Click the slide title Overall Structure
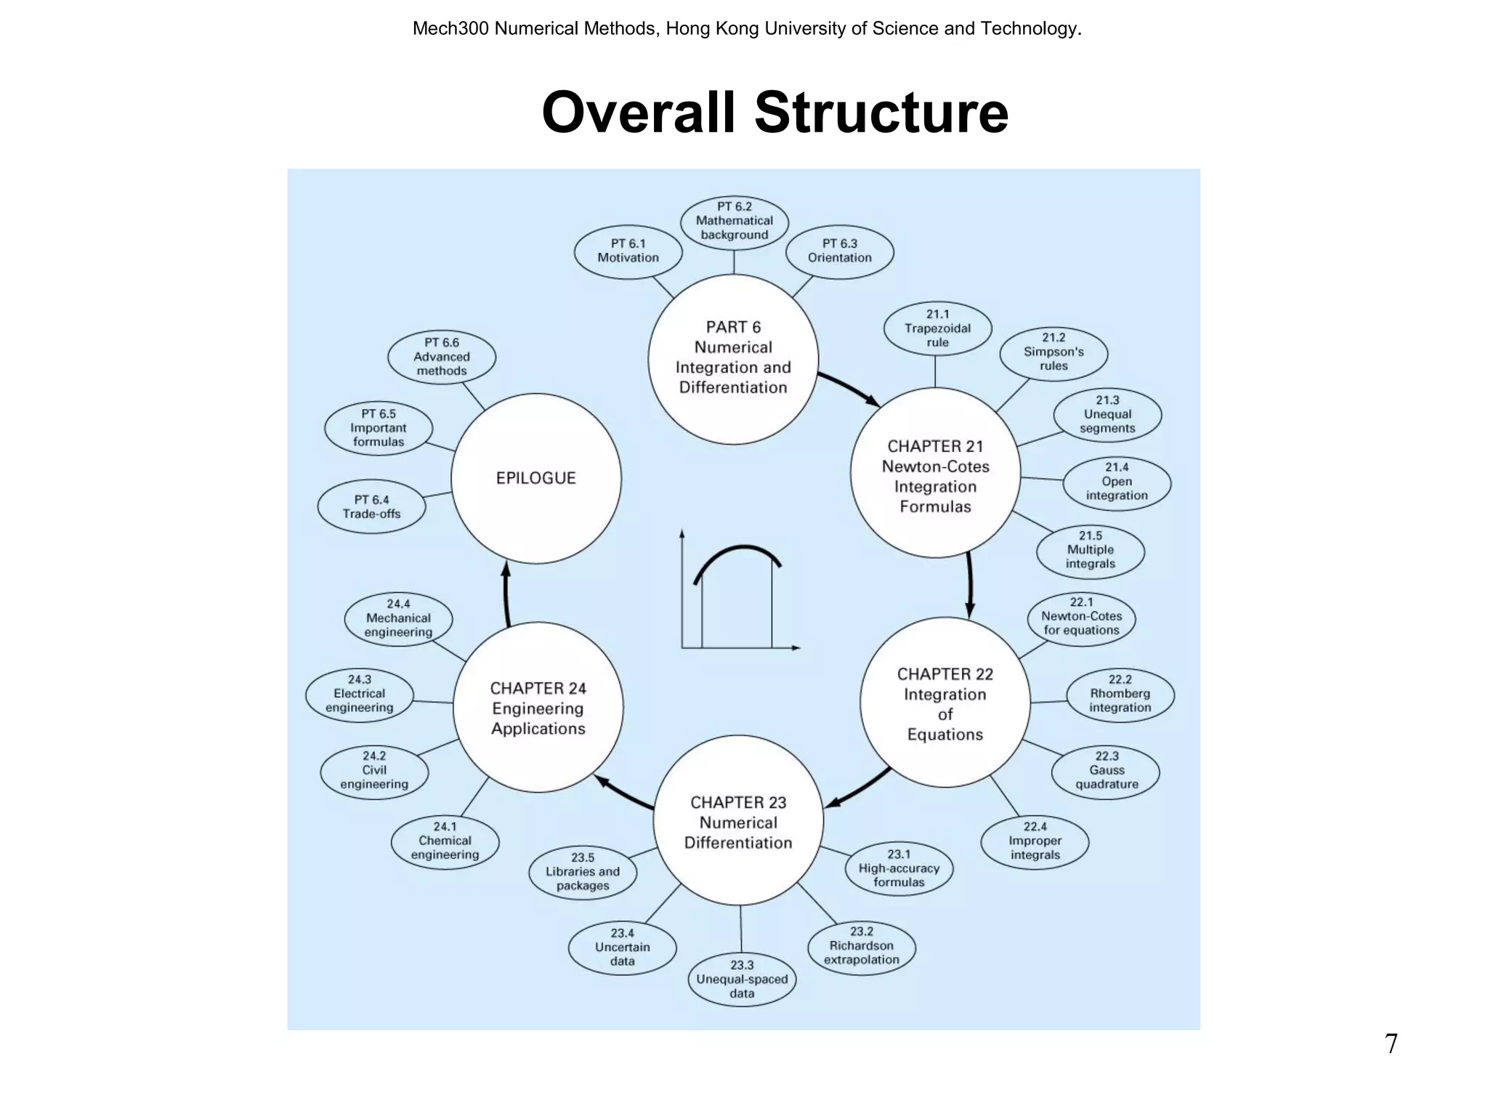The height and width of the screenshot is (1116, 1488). (x=775, y=113)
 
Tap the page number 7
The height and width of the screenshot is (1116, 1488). (x=1391, y=1044)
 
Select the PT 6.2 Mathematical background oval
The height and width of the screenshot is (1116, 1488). (x=734, y=221)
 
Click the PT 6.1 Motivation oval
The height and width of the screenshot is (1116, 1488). (x=628, y=251)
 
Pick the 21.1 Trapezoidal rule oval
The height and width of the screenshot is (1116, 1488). (x=937, y=328)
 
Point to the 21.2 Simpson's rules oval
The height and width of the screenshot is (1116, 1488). (x=1054, y=352)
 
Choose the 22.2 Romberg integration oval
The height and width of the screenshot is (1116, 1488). (x=1120, y=695)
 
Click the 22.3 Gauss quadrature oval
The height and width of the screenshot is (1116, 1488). (x=1106, y=771)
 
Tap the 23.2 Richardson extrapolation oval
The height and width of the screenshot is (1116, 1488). (x=861, y=946)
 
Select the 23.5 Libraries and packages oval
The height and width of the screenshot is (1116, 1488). (x=583, y=872)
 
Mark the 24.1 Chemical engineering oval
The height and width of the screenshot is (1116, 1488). (x=445, y=841)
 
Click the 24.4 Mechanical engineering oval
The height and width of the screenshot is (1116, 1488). (x=398, y=619)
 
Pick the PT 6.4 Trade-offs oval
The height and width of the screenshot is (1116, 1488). (x=371, y=507)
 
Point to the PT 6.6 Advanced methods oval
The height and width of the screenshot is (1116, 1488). (x=442, y=357)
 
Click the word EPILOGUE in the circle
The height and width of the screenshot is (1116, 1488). (x=535, y=478)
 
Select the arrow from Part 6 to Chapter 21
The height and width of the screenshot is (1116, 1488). (x=849, y=389)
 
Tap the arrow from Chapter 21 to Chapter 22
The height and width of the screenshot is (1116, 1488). (x=970, y=585)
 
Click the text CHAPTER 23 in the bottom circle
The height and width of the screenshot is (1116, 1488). (x=738, y=803)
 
